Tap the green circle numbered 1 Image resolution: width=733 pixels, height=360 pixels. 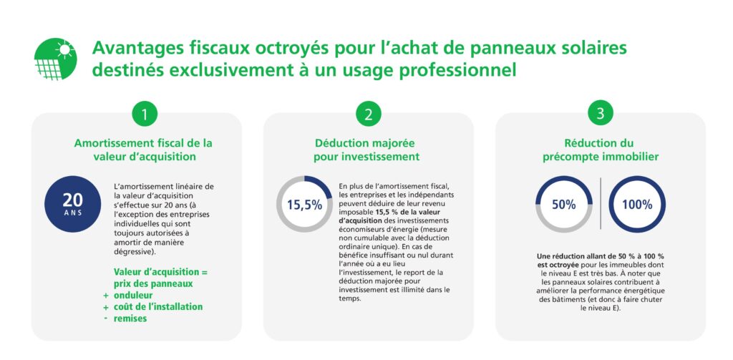click(x=144, y=114)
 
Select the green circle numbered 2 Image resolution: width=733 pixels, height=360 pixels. click(x=368, y=114)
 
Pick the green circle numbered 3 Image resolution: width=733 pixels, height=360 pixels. click(x=600, y=114)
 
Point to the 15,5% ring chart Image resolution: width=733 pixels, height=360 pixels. click(x=304, y=204)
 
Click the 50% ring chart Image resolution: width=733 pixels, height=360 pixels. click(x=564, y=204)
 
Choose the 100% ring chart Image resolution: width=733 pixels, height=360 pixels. click(x=637, y=204)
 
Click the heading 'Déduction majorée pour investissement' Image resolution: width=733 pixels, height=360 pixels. click(x=367, y=150)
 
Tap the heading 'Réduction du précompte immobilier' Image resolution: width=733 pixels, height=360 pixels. click(x=599, y=150)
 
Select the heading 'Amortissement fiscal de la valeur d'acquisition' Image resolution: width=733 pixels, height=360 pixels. click(x=144, y=150)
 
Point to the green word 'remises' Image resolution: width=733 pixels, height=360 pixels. click(x=130, y=318)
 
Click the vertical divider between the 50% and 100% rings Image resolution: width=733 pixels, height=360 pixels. click(x=600, y=204)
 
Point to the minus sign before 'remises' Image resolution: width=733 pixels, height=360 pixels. click(x=106, y=318)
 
